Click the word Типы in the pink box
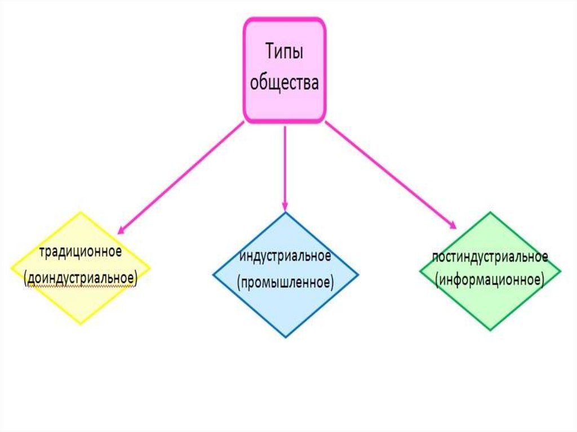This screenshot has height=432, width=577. pyautogui.click(x=285, y=55)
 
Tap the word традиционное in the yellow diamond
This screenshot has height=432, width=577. pyautogui.click(x=80, y=252)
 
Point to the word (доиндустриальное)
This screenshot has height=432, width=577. pyautogui.click(x=80, y=279)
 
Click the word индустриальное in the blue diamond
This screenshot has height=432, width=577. pyautogui.click(x=285, y=256)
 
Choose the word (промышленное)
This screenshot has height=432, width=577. pyautogui.click(x=285, y=281)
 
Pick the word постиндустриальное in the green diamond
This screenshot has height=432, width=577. pyautogui.click(x=490, y=257)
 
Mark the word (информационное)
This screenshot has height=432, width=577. pyautogui.click(x=490, y=280)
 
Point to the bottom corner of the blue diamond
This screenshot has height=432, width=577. pyautogui.click(x=286, y=337)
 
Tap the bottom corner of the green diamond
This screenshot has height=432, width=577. pyautogui.click(x=491, y=329)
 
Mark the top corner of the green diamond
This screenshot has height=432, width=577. pyautogui.click(x=491, y=212)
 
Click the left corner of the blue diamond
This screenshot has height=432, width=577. pyautogui.click(x=213, y=275)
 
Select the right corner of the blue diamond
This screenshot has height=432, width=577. pyautogui.click(x=358, y=275)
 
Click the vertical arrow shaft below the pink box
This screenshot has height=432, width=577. pyautogui.click(x=285, y=163)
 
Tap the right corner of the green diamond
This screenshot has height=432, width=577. pyautogui.click(x=561, y=271)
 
